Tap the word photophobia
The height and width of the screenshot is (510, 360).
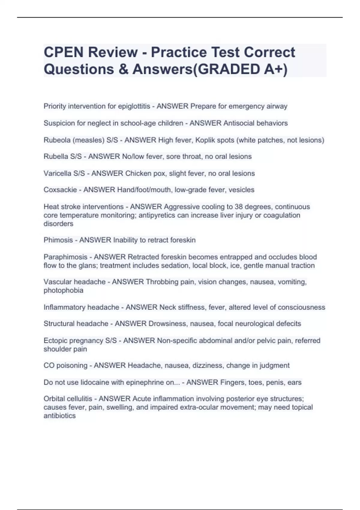coord(63,290)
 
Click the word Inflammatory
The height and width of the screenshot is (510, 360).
coord(62,307)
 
